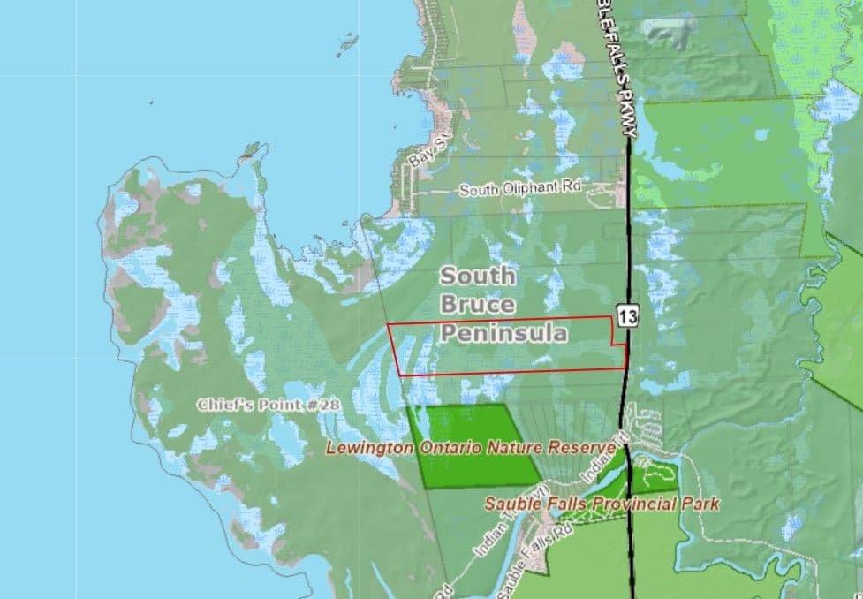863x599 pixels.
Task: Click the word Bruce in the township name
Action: pos(478,305)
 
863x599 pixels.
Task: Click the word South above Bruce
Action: pos(478,276)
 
